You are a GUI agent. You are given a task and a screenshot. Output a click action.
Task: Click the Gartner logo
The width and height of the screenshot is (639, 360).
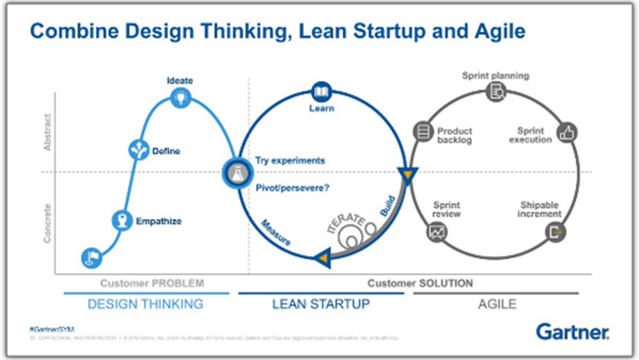(x=572, y=331)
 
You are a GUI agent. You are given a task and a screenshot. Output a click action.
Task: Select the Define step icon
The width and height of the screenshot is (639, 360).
(x=138, y=150)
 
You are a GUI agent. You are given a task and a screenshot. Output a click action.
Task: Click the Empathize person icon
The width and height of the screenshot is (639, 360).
(x=122, y=220)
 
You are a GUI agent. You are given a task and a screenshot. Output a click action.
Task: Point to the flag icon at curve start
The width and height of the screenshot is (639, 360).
(x=90, y=257)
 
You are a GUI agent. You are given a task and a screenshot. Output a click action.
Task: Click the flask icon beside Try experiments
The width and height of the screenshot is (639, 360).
(x=235, y=172)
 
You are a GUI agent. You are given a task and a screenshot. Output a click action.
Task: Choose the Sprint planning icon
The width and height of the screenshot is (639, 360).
(x=495, y=91)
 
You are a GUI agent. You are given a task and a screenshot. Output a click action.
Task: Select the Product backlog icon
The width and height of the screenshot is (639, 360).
(x=424, y=132)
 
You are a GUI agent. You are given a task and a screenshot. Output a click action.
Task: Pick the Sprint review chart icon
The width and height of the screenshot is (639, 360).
(x=435, y=232)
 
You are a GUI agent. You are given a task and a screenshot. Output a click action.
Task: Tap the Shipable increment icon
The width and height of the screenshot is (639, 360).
(x=554, y=232)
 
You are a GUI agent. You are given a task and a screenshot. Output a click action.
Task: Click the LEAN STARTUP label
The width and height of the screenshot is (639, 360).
(x=325, y=303)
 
